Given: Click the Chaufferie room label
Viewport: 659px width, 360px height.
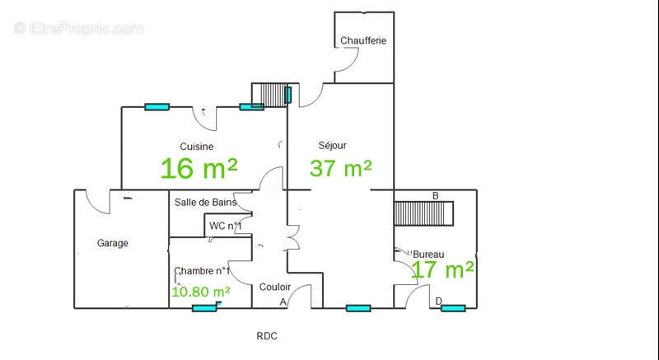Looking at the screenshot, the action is (x=363, y=40).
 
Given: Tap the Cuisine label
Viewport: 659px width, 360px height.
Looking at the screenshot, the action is (x=196, y=147).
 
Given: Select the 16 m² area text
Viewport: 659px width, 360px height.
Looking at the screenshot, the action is (x=199, y=168).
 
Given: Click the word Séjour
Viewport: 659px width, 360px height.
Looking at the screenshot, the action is (x=333, y=145).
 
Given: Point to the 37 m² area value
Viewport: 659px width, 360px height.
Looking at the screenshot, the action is (x=340, y=168).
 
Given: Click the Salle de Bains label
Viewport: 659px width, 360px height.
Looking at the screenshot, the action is (x=205, y=202).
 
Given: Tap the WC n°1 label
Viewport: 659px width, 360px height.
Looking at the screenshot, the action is (x=225, y=226).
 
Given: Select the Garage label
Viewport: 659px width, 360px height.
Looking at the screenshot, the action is (x=113, y=243).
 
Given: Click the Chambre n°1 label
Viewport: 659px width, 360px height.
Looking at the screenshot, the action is (x=202, y=271).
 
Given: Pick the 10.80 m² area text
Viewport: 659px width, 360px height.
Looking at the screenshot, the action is (x=201, y=292).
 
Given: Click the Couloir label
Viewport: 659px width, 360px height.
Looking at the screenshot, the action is (x=275, y=287).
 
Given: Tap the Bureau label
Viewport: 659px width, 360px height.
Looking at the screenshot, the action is (x=428, y=255).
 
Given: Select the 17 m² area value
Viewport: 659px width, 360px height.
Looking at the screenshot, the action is (x=443, y=269).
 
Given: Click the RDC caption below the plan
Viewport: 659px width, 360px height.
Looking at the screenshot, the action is (x=267, y=336).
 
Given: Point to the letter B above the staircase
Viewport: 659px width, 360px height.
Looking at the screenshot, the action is (x=436, y=196).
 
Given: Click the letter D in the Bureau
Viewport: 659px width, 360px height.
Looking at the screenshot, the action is (x=439, y=301).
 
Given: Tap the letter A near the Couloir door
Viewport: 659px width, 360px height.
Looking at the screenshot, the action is (x=283, y=302).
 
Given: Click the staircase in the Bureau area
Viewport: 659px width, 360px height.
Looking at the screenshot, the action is (x=423, y=214).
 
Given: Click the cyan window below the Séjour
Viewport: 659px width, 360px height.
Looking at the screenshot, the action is (x=358, y=308).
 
